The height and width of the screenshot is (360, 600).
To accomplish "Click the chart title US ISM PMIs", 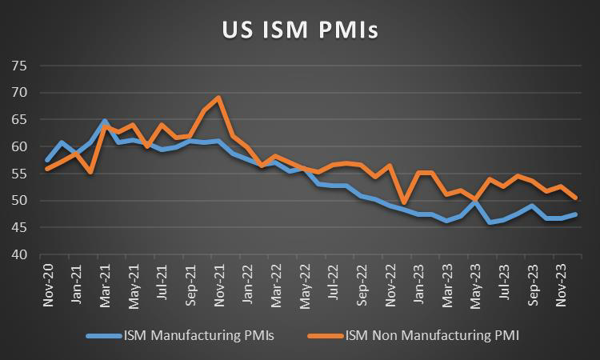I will (x=300, y=30).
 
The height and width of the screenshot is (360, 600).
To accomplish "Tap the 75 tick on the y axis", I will (x=18, y=66).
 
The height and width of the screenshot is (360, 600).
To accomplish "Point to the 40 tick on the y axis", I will (x=18, y=255).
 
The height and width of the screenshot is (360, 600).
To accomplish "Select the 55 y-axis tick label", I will (x=18, y=174).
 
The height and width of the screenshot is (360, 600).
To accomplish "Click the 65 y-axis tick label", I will (x=18, y=120).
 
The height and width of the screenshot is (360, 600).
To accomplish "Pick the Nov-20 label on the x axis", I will (x=47, y=282).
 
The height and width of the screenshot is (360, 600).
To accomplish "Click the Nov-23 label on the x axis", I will (x=563, y=282).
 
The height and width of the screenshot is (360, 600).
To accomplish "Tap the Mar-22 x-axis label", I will (x=276, y=282).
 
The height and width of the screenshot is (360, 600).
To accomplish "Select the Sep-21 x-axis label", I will (x=190, y=282).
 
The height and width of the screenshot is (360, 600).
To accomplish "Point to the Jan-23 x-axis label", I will (x=419, y=282).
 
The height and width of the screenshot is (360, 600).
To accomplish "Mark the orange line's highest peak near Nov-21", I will (x=219, y=98).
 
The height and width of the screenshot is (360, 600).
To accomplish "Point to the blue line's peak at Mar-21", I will (x=105, y=121).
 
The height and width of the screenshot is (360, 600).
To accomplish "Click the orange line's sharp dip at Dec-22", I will (x=404, y=203).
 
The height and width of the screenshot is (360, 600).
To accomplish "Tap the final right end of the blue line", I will (x=577, y=214).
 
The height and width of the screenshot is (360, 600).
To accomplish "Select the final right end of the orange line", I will (x=577, y=198).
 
